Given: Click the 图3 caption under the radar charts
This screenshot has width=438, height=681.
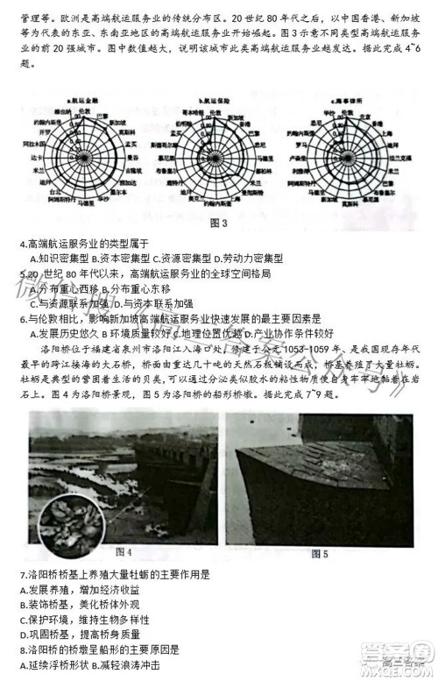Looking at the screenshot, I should (219, 223).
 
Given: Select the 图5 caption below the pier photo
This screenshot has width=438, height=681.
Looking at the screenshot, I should (320, 553).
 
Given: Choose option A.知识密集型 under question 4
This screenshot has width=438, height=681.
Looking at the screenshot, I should (58, 259).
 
